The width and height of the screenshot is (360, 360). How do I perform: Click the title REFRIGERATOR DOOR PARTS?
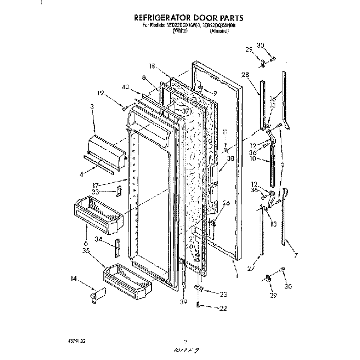click(179, 18)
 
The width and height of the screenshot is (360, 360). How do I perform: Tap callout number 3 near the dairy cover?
click(92, 106)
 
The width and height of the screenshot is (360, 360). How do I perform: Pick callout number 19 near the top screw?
click(101, 93)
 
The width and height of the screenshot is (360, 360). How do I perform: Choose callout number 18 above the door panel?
click(151, 66)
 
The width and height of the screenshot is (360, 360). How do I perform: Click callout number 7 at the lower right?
click(296, 255)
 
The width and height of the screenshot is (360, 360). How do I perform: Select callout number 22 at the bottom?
click(223, 308)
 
